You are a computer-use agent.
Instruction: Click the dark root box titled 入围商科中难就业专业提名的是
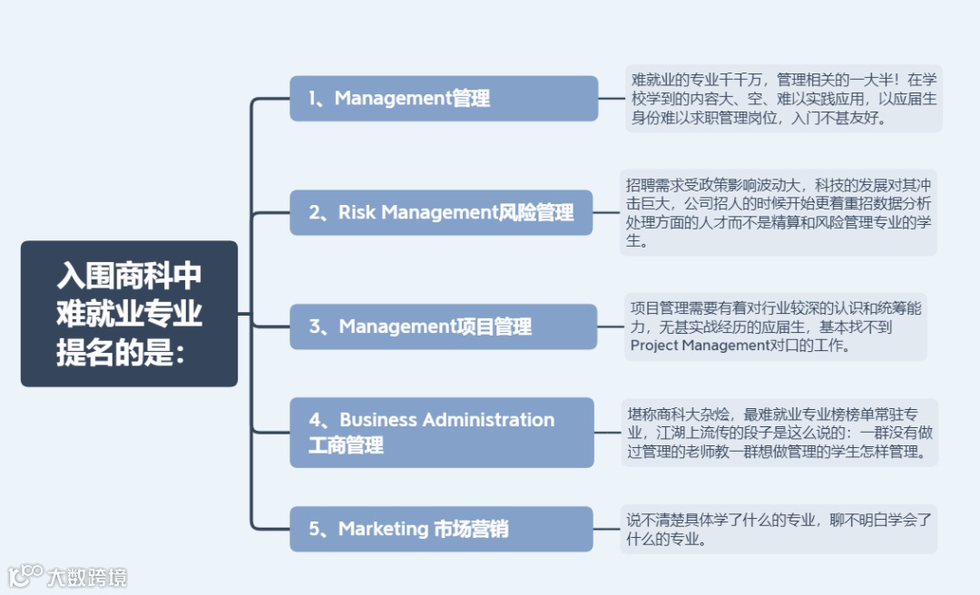point(129,314)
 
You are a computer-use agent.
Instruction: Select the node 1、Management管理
point(444,98)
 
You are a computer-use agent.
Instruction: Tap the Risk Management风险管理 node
point(443,212)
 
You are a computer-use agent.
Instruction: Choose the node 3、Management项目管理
point(443,327)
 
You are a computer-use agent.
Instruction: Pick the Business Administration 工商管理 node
point(443,432)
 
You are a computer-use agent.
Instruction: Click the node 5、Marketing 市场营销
point(441,529)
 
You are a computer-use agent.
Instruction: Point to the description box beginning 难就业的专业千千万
point(784,99)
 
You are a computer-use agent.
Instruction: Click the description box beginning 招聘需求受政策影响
point(779,212)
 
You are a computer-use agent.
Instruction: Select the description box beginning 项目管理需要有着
point(776,327)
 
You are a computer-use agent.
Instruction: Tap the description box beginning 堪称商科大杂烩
point(779,433)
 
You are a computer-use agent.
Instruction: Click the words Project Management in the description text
point(700,346)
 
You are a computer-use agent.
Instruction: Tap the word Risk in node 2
point(357,212)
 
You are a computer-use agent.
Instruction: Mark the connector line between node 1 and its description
point(612,98)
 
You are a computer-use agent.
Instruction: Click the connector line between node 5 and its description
point(606,529)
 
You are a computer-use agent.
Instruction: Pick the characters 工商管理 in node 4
point(346,445)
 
